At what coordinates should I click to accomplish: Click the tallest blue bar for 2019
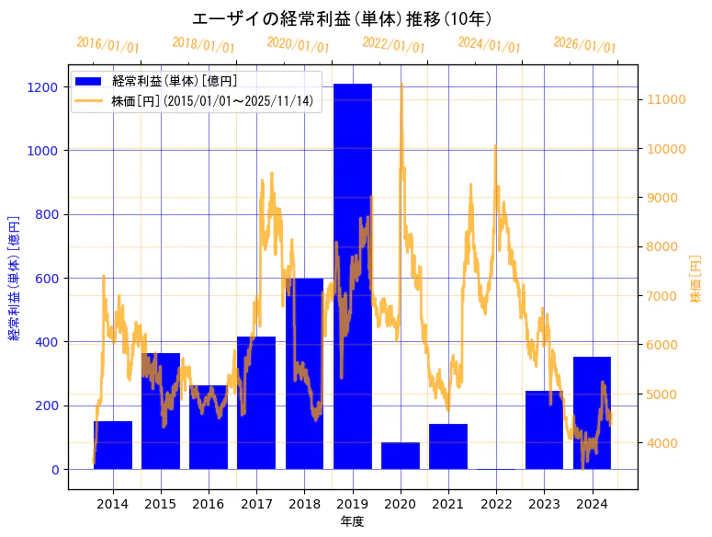(x=353, y=276)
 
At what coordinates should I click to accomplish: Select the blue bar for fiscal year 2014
(x=113, y=445)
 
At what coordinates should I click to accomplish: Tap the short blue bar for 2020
(x=401, y=456)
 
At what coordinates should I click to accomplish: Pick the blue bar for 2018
(x=304, y=373)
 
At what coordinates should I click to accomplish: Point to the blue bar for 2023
(x=544, y=430)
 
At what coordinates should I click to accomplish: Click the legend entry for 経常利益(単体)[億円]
(x=175, y=81)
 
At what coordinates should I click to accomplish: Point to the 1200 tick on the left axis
(x=47, y=86)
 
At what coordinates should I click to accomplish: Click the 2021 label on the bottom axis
(x=448, y=504)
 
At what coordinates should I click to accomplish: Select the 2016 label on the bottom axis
(x=209, y=504)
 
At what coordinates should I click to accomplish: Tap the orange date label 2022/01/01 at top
(x=393, y=45)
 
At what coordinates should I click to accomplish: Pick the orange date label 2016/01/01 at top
(x=107, y=45)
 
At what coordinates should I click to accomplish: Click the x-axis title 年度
(x=353, y=521)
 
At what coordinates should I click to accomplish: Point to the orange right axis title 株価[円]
(x=695, y=280)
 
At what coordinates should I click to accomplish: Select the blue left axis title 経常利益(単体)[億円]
(x=14, y=280)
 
